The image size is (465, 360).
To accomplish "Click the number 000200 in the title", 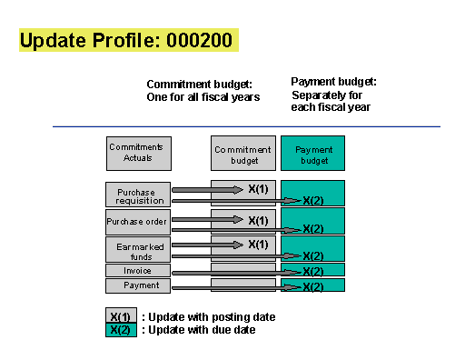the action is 199,40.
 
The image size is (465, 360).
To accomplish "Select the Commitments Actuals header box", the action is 139,154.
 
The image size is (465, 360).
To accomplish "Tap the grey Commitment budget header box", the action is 243,153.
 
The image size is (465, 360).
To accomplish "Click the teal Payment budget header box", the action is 312,153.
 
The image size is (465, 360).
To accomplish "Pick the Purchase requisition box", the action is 138,195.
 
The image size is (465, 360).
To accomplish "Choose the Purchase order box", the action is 138,222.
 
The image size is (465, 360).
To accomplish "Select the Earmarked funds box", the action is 138,250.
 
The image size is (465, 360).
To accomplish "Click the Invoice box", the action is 138,270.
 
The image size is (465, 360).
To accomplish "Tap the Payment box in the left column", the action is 138,285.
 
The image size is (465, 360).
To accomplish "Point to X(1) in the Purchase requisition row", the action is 258,189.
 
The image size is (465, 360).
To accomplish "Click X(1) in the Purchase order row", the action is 258,221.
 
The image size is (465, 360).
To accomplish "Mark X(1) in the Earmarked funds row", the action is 258,245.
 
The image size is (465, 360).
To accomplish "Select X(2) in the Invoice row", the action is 313,272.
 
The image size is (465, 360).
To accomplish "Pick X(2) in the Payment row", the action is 313,287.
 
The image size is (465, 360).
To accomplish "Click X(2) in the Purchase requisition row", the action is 313,201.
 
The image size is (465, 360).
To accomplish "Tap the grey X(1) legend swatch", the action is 121,315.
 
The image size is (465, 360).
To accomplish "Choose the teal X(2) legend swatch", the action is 121,330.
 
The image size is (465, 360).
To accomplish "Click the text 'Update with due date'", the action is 202,330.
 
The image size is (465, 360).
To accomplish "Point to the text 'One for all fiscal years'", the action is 203,97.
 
